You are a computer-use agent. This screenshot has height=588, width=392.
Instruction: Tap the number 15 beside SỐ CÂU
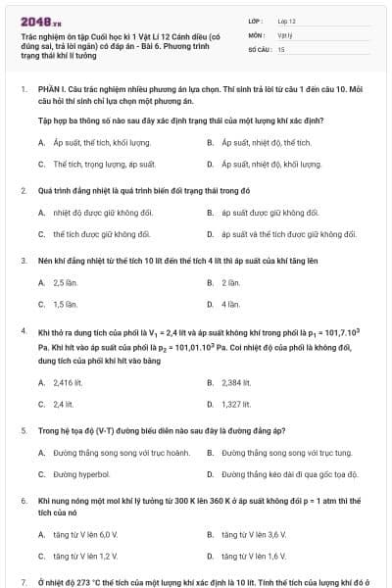pyautogui.click(x=281, y=48)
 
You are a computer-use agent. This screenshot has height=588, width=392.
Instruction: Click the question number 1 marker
pyautogui.click(x=23, y=89)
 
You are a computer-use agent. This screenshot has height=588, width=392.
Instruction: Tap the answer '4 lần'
pyautogui.click(x=231, y=304)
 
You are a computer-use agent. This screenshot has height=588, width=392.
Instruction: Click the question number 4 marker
pyautogui.click(x=23, y=332)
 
